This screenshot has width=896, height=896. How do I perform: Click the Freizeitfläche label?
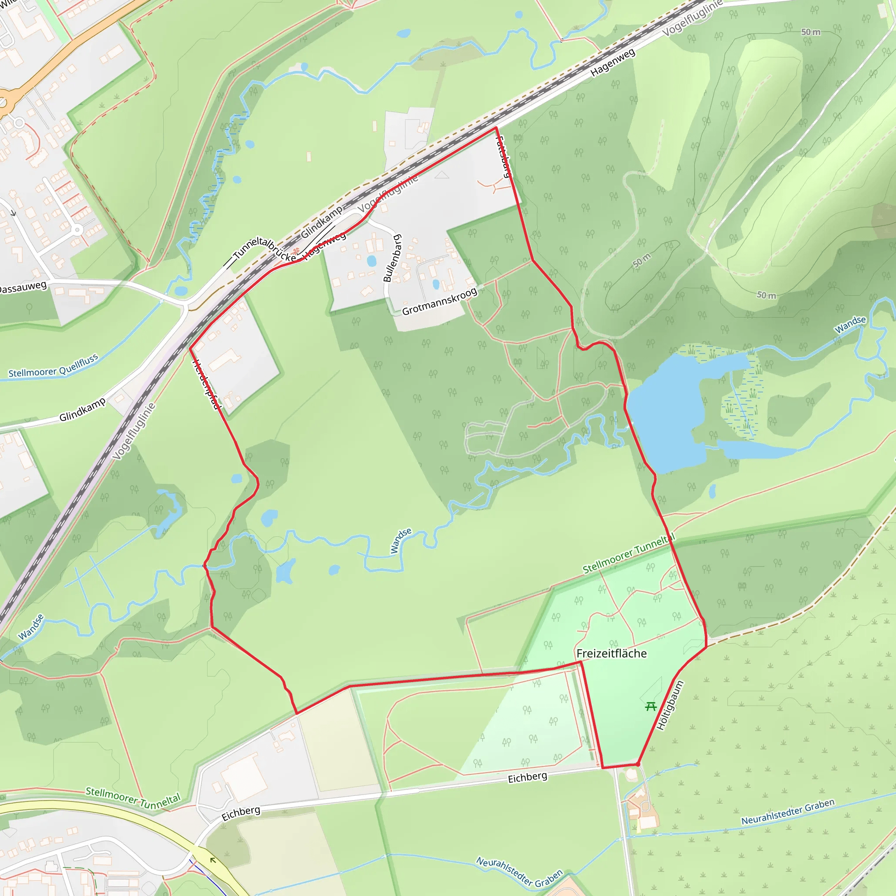coord(611,654)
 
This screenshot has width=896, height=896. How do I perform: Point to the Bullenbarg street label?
coord(392,258)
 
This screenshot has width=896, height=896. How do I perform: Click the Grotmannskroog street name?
coord(439,302)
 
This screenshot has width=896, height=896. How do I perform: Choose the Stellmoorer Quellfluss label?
coord(53,366)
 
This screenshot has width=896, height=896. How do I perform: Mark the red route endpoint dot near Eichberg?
coord(638,764)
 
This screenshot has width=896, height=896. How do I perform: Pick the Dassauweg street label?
coord(23,287)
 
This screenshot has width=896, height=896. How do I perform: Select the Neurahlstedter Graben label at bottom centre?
coord(519,872)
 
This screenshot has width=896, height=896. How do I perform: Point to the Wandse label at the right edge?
coord(850,325)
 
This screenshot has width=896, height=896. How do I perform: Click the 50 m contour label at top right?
coord(811,32)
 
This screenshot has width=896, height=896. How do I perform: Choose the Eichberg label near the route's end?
coord(527,777)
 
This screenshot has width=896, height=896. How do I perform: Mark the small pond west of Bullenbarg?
coord(371,261)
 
